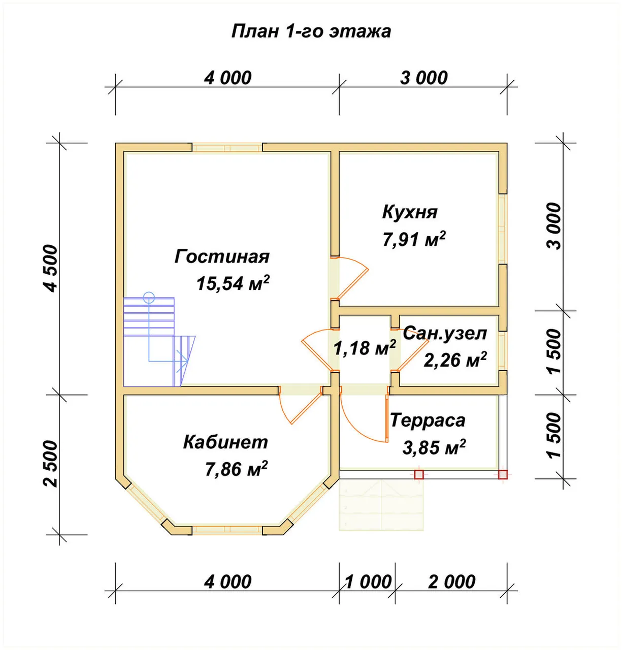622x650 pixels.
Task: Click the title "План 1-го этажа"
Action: click(311, 32)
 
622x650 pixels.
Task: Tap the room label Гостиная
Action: click(222, 257)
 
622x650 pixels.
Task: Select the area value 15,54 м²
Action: click(233, 283)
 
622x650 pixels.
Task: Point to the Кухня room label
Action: click(410, 212)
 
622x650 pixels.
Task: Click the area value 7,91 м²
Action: click(414, 239)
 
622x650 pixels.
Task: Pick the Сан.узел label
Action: click(445, 333)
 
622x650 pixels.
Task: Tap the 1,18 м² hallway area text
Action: click(365, 348)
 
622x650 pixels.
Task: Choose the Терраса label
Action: click(428, 420)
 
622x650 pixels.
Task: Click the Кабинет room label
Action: click(225, 442)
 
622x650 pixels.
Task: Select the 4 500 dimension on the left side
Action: click(52, 269)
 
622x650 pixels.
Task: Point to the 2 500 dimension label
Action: click(52, 465)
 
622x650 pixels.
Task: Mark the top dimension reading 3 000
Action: click(423, 78)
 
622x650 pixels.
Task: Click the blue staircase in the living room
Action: click(159, 341)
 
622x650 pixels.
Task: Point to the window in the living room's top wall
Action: click(227, 148)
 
